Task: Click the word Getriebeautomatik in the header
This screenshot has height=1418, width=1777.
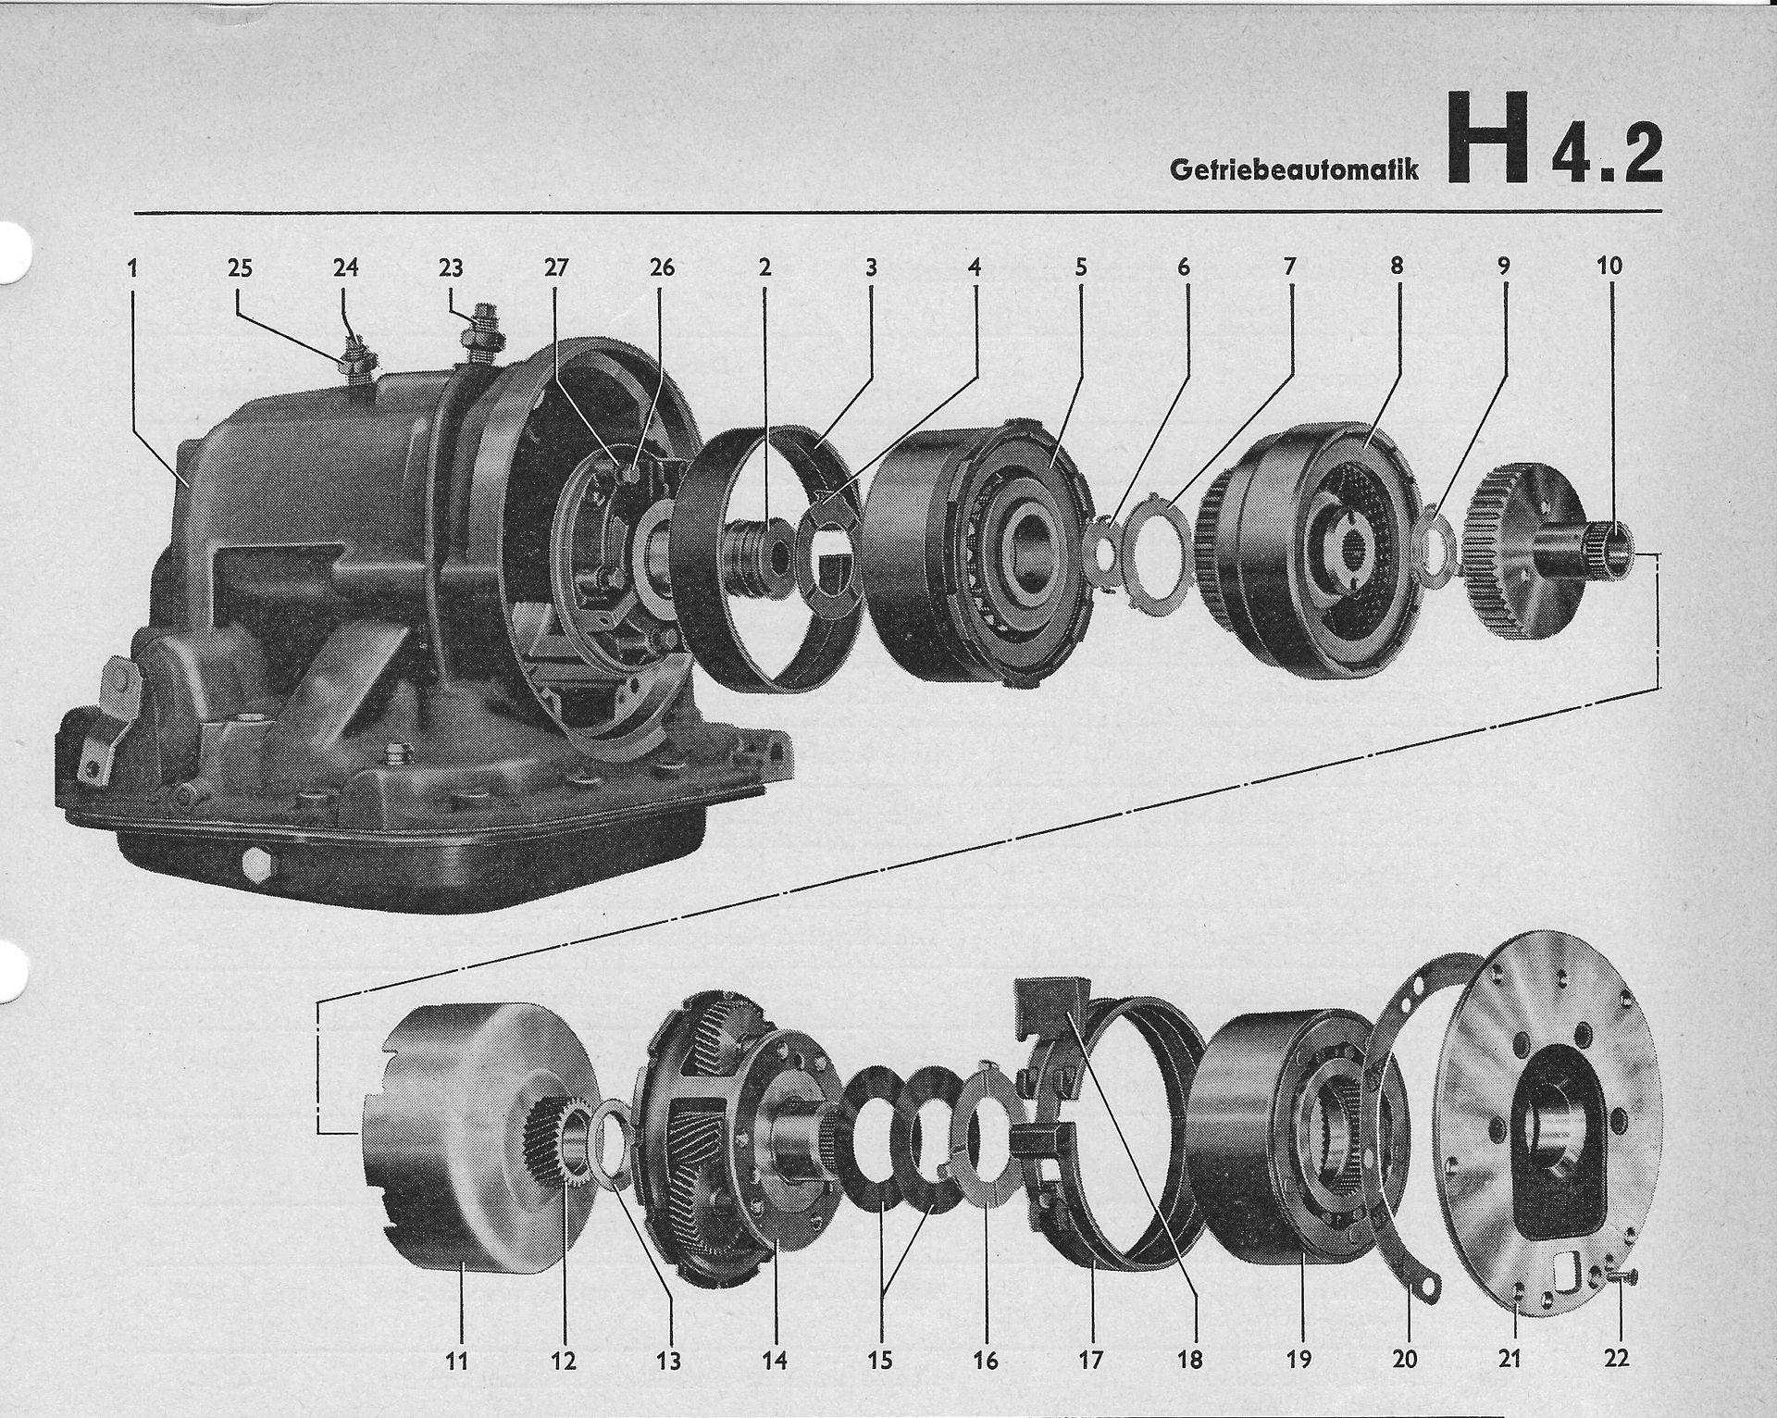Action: tap(1294, 169)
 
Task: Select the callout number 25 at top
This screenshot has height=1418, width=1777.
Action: tap(240, 267)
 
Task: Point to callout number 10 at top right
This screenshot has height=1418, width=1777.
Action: tap(1609, 266)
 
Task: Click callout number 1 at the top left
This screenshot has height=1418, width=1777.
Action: tap(133, 267)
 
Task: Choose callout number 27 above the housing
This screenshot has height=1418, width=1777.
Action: tap(555, 267)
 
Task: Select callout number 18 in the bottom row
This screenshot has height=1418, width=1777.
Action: tap(1190, 1360)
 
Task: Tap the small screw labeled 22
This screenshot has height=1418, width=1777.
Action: tap(1622, 1278)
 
